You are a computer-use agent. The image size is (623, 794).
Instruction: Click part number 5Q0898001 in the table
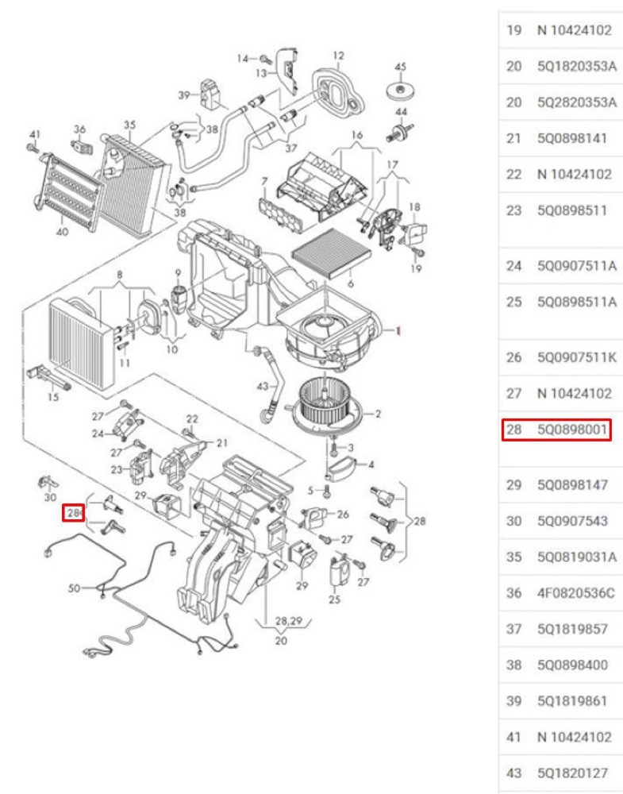572,430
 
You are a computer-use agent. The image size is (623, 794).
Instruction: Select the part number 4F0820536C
576,593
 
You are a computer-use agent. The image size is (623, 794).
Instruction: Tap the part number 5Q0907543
572,521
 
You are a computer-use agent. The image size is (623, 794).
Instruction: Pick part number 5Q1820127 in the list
572,773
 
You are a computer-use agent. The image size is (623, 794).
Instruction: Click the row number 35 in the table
513,557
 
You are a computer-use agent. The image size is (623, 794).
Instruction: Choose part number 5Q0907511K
577,357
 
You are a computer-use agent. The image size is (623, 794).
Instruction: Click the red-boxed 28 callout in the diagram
74,513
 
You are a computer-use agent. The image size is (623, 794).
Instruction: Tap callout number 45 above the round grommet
400,67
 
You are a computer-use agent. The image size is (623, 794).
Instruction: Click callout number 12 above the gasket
338,56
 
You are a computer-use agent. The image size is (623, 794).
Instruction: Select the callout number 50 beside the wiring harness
74,588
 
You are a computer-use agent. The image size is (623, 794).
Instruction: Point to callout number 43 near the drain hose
262,387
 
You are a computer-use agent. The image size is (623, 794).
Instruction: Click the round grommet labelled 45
401,91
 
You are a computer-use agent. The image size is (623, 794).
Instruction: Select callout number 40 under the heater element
62,232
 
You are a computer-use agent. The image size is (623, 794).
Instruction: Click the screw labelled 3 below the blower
333,448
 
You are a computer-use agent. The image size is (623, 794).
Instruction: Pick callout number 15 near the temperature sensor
53,397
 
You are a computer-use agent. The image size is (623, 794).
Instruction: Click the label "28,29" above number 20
288,621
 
